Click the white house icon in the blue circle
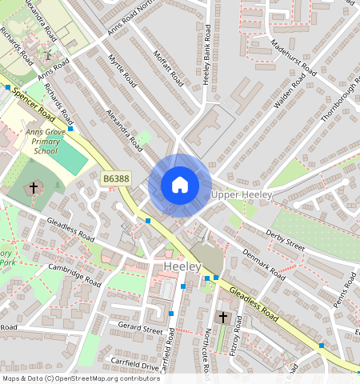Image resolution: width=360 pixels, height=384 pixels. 180,186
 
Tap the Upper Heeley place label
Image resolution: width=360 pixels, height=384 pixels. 242,195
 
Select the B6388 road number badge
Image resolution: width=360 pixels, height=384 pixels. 116,182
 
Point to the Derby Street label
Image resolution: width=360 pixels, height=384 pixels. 284,241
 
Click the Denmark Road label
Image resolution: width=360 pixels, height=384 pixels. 265,263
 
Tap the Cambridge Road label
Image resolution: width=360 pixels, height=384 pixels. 75,274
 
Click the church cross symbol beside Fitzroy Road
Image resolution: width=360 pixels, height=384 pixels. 223,318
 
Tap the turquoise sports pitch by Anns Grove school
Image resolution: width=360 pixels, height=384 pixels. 71,158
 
